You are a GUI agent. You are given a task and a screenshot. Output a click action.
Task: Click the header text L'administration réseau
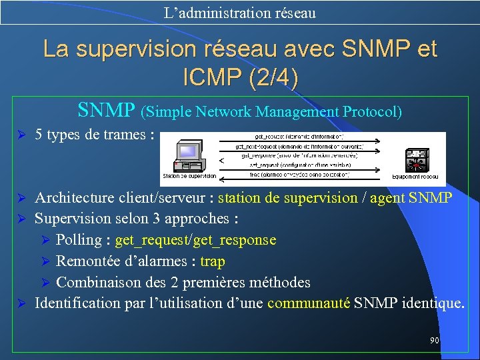pyautogui.click(x=240, y=13)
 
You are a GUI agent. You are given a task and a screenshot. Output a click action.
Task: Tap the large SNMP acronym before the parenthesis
pyautogui.click(x=107, y=110)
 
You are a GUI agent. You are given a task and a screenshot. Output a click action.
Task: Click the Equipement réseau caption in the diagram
pyautogui.click(x=415, y=177)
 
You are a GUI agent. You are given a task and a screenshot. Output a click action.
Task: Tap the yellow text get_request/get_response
pyautogui.click(x=195, y=240)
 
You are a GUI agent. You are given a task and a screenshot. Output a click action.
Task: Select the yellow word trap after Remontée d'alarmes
pyautogui.click(x=213, y=261)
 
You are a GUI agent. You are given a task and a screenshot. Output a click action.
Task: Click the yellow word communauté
pyautogui.click(x=309, y=303)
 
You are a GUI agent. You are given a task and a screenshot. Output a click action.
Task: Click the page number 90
pyautogui.click(x=435, y=341)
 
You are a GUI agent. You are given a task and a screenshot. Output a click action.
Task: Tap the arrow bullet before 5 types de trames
pyautogui.click(x=21, y=135)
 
